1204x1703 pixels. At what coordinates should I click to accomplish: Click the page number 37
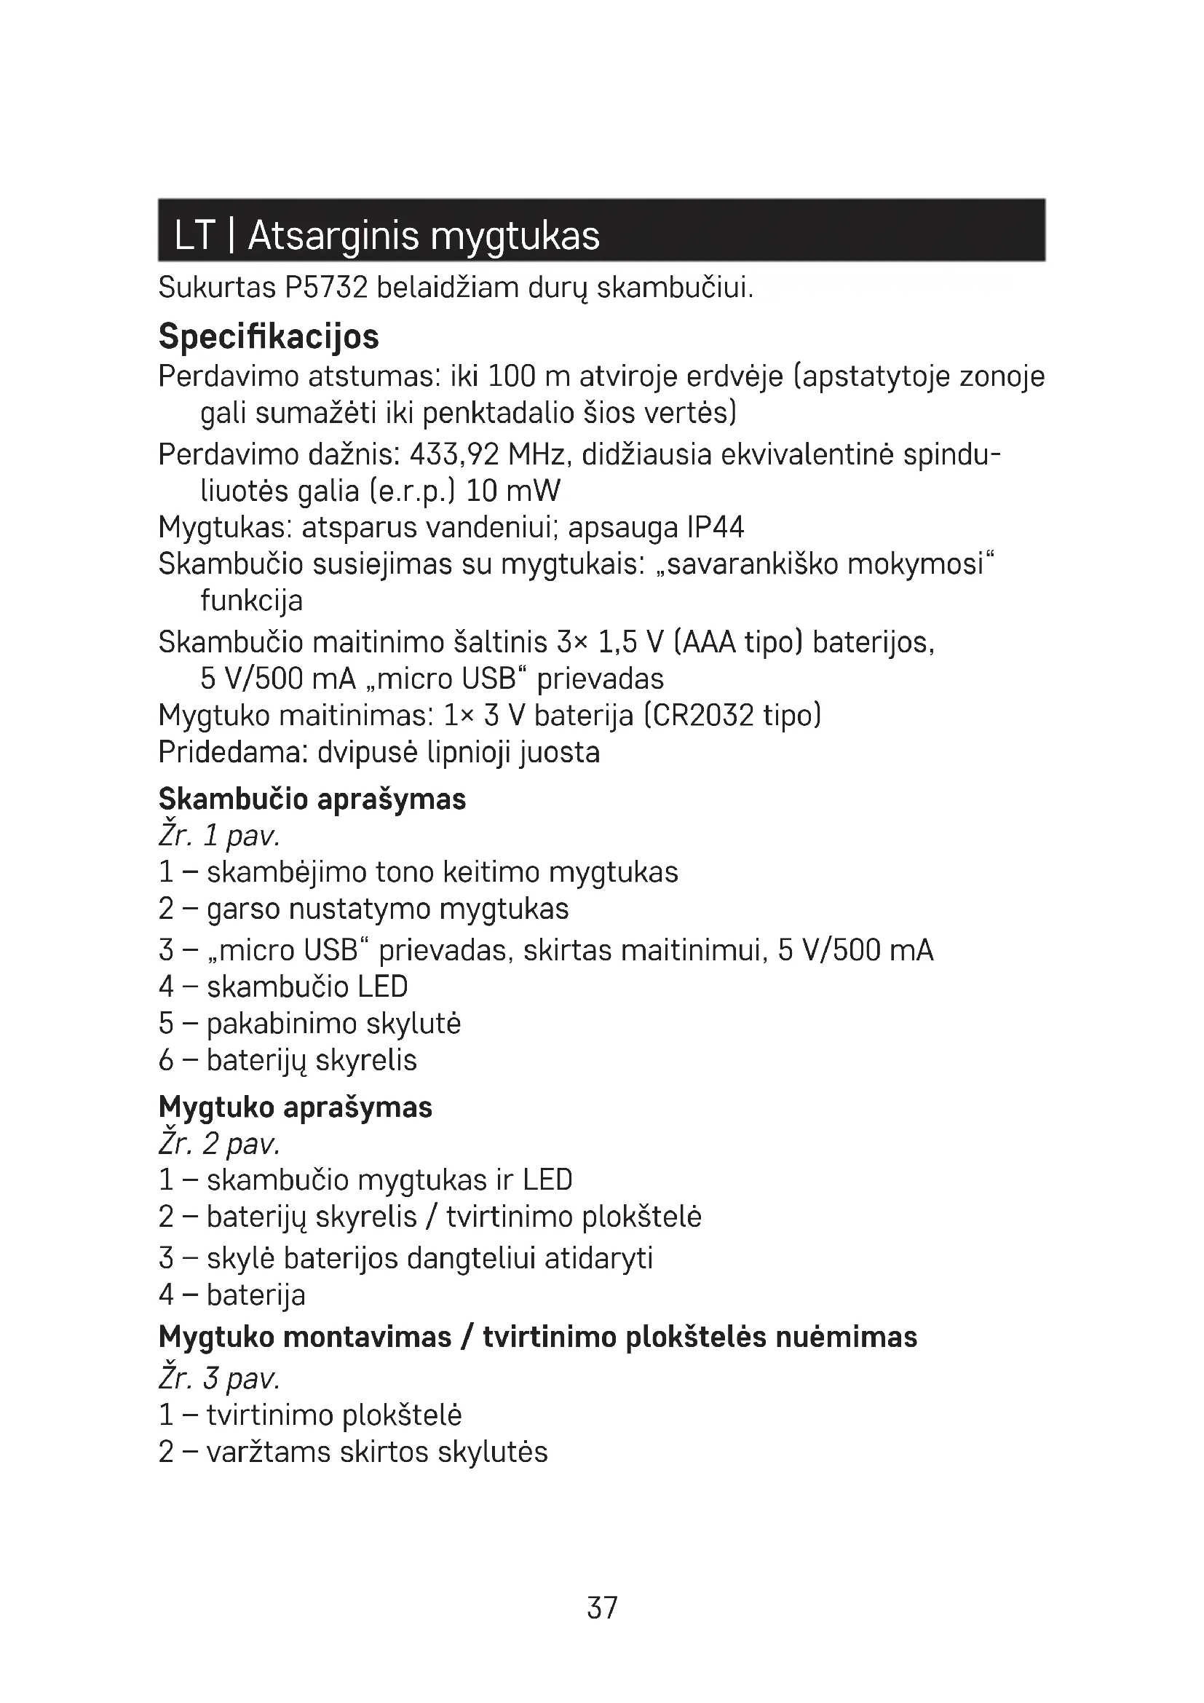click(601, 1608)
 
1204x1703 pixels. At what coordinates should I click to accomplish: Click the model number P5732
click(326, 288)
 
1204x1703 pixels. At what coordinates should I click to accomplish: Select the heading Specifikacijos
click(269, 337)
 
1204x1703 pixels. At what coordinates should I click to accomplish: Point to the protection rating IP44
click(715, 527)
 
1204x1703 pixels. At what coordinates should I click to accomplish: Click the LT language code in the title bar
click(194, 236)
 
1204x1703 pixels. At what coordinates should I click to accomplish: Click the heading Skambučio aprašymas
click(312, 799)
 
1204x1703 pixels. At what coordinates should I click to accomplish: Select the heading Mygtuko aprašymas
click(295, 1107)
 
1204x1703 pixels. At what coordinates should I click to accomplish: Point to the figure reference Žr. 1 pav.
click(219, 836)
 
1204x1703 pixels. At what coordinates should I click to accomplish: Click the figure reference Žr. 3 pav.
click(219, 1378)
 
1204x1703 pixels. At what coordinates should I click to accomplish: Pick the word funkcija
click(251, 601)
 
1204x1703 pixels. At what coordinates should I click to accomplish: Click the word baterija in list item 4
click(256, 1295)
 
